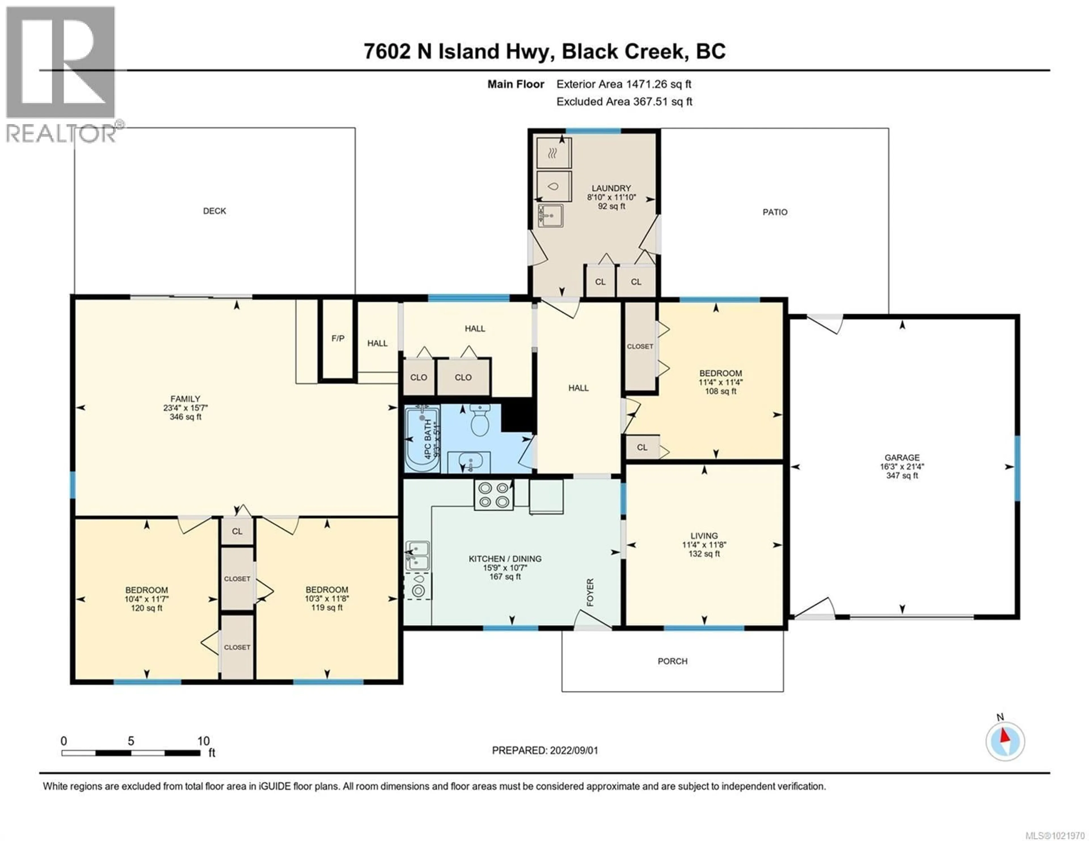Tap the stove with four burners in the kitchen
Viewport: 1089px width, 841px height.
pos(493,495)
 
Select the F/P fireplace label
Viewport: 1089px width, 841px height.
pos(337,338)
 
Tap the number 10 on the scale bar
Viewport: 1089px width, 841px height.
pos(203,741)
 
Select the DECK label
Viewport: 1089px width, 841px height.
pos(214,211)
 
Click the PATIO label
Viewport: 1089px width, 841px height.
pos(774,212)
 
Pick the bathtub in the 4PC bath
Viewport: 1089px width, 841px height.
pos(422,439)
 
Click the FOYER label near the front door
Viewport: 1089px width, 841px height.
pos(590,592)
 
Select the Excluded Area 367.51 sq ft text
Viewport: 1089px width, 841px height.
pos(624,102)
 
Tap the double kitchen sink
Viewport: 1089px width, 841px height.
pos(417,555)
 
